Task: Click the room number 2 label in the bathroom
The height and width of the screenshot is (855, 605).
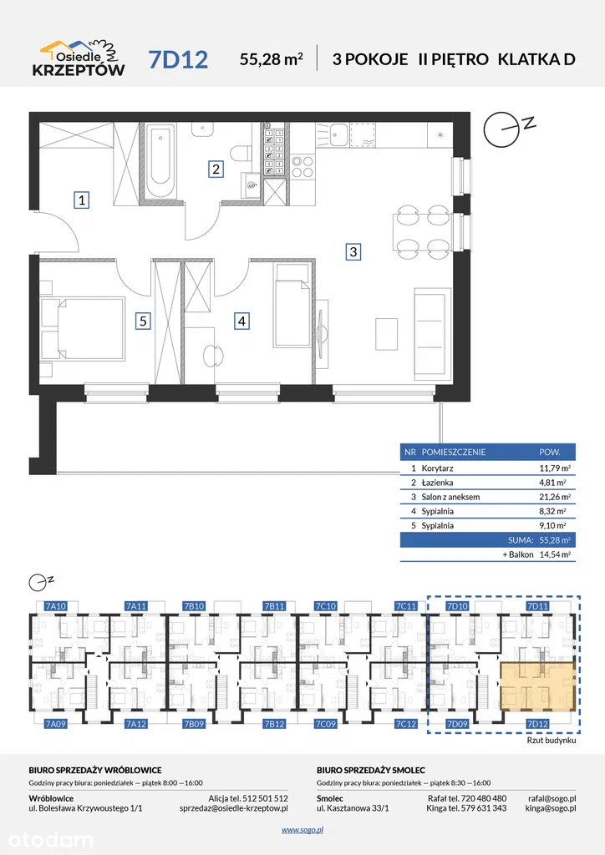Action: (x=216, y=169)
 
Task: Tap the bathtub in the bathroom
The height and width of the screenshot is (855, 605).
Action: (x=160, y=162)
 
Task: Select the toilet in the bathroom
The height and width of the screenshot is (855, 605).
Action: (x=241, y=154)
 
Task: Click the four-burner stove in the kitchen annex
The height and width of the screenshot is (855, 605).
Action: (x=302, y=166)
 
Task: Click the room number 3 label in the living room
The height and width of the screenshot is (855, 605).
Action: (x=353, y=251)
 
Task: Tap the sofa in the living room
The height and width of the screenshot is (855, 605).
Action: (x=433, y=334)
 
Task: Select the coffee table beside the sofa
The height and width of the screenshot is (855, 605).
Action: (x=387, y=333)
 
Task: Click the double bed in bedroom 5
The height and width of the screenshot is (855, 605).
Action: (x=84, y=328)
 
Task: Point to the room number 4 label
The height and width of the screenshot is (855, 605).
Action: (x=241, y=321)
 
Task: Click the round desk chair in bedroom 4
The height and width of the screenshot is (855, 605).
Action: (x=213, y=356)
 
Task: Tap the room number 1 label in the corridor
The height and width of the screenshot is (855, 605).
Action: (x=82, y=200)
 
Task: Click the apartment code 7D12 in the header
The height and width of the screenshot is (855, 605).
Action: (x=178, y=59)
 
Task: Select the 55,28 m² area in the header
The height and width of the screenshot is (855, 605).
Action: (x=271, y=58)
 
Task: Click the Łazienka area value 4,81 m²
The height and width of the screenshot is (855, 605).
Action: (x=552, y=483)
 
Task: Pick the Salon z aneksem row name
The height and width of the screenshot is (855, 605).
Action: (x=450, y=497)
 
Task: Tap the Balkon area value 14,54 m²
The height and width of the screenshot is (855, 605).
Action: (x=555, y=554)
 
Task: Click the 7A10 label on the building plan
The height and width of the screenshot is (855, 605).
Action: (x=56, y=606)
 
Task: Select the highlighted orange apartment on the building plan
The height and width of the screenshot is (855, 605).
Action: (x=538, y=686)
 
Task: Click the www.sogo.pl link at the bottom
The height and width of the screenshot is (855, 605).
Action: (x=302, y=830)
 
